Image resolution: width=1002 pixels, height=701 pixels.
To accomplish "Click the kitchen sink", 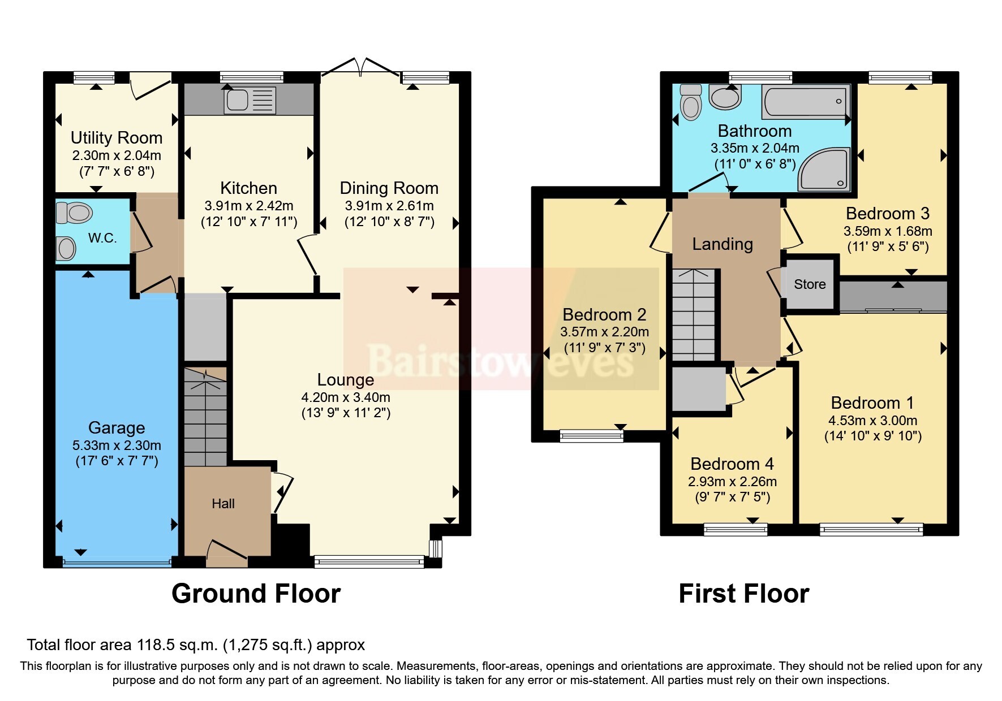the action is click(x=251, y=100).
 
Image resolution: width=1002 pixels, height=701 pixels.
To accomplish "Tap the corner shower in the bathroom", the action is click(x=824, y=168).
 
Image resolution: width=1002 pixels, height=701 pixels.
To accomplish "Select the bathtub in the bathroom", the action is click(x=806, y=102).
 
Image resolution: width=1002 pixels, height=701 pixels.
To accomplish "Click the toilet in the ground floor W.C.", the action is click(x=74, y=213).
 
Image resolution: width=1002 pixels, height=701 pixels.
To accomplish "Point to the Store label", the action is click(x=810, y=284).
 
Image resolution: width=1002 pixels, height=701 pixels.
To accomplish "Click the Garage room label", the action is click(x=117, y=428).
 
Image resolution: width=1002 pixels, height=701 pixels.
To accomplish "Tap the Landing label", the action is click(x=723, y=244).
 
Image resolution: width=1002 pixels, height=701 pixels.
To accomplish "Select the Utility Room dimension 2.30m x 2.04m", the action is click(x=117, y=155).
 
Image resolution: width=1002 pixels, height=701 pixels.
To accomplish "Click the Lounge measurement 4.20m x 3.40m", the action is click(x=346, y=397).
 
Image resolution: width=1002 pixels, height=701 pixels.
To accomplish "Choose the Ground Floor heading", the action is click(x=256, y=594).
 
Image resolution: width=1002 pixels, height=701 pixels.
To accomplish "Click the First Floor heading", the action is click(x=743, y=594).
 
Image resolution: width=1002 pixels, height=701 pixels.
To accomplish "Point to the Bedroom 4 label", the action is click(x=732, y=464).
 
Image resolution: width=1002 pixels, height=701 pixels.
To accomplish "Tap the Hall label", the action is click(x=223, y=504).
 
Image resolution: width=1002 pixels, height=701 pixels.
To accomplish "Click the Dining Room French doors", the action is click(x=360, y=67).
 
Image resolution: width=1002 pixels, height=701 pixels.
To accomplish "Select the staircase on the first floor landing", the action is click(x=694, y=314).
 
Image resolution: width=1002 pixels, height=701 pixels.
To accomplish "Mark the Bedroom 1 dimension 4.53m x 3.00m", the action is click(x=873, y=421).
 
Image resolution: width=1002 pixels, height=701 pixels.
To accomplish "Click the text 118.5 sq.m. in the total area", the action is click(x=178, y=645).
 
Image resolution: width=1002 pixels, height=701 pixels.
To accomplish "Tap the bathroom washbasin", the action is click(x=725, y=97).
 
